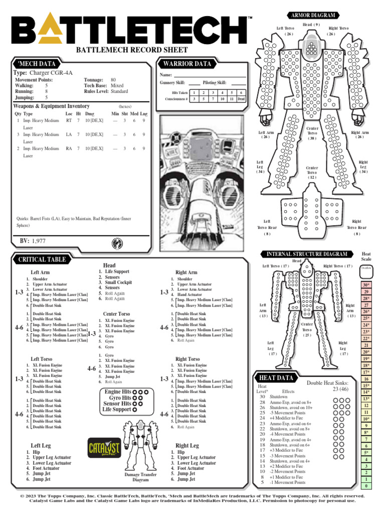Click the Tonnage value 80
[x=113, y=80]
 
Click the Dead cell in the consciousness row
[x=241, y=99]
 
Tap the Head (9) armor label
[x=311, y=25]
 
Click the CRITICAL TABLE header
[x=42, y=260]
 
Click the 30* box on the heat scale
[x=366, y=285]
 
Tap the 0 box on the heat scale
[x=366, y=486]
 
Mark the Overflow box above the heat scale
[x=366, y=269]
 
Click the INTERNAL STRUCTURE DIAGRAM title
[x=307, y=254]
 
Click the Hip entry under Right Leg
[x=180, y=452]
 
